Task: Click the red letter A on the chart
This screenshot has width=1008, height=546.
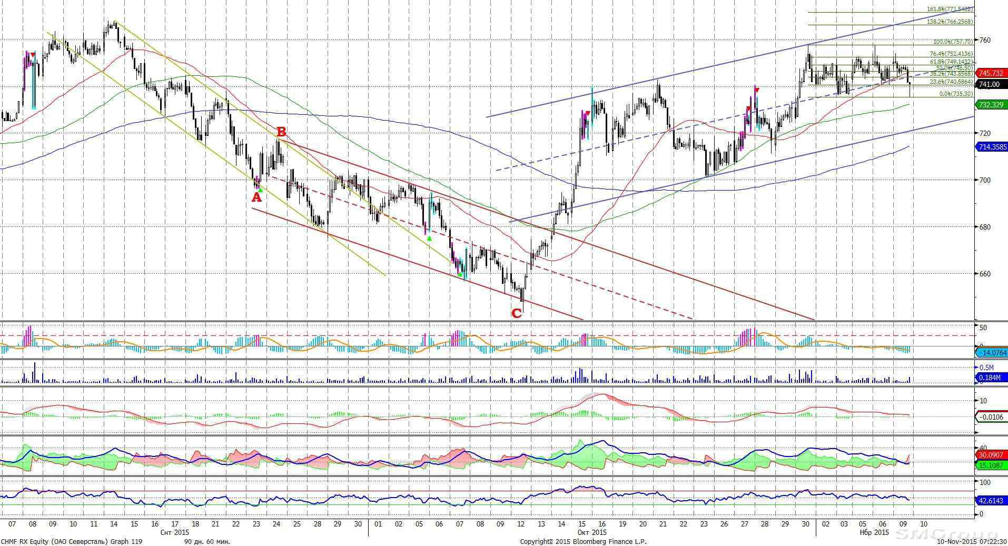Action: [x=256, y=197]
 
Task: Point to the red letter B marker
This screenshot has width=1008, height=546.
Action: [x=281, y=131]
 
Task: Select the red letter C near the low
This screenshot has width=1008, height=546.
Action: [x=517, y=313]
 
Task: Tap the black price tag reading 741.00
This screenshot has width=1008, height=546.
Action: [x=991, y=84]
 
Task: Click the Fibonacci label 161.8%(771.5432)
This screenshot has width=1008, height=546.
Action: [x=950, y=9]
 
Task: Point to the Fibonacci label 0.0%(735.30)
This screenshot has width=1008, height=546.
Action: [x=956, y=94]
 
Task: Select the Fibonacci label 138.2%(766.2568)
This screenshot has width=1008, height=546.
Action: [x=950, y=22]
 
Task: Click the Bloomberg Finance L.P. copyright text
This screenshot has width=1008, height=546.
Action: [x=583, y=541]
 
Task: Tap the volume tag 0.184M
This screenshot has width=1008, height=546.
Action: [x=990, y=377]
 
